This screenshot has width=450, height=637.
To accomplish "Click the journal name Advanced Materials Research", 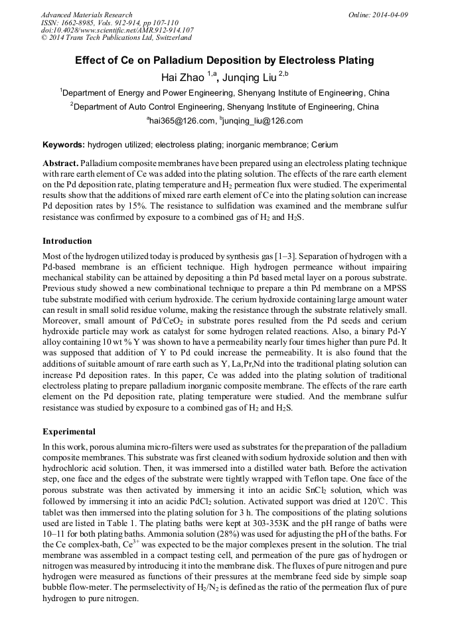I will [86, 15].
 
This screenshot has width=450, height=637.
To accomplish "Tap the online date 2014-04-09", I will [391, 15].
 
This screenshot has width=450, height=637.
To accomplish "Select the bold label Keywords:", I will [64, 145].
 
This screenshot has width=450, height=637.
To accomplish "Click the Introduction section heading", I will [67, 240].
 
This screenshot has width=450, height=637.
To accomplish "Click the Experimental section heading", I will [69, 432].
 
